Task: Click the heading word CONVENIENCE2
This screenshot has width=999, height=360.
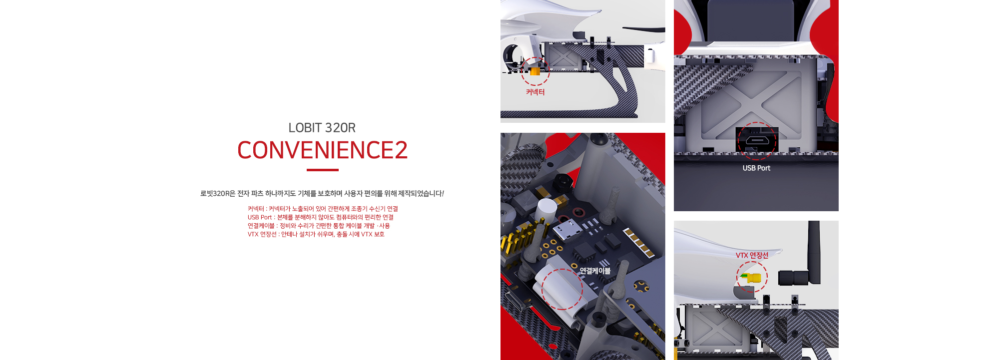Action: click(x=322, y=150)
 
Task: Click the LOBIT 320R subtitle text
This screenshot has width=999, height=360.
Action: click(x=322, y=128)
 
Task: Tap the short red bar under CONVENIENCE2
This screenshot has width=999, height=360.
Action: click(x=323, y=170)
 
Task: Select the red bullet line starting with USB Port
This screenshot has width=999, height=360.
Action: click(x=321, y=217)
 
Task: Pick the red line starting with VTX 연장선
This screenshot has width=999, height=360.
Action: click(x=316, y=234)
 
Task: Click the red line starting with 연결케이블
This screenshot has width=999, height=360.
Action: click(x=319, y=226)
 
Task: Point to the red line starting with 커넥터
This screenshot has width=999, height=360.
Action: click(x=323, y=209)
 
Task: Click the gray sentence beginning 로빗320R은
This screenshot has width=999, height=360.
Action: click(x=322, y=193)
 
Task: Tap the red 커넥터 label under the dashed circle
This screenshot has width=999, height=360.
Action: click(x=535, y=92)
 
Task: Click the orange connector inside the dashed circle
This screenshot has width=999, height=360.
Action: click(x=535, y=71)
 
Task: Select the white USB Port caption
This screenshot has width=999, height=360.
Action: click(x=756, y=168)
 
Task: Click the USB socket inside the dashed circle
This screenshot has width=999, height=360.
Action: click(x=757, y=140)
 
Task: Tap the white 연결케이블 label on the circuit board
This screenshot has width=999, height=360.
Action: click(x=595, y=271)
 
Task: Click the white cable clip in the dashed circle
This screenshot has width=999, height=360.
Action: click(x=559, y=290)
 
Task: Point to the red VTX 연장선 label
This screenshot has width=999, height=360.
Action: click(x=752, y=255)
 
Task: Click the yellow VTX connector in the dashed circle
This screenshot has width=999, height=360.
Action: click(x=752, y=278)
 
